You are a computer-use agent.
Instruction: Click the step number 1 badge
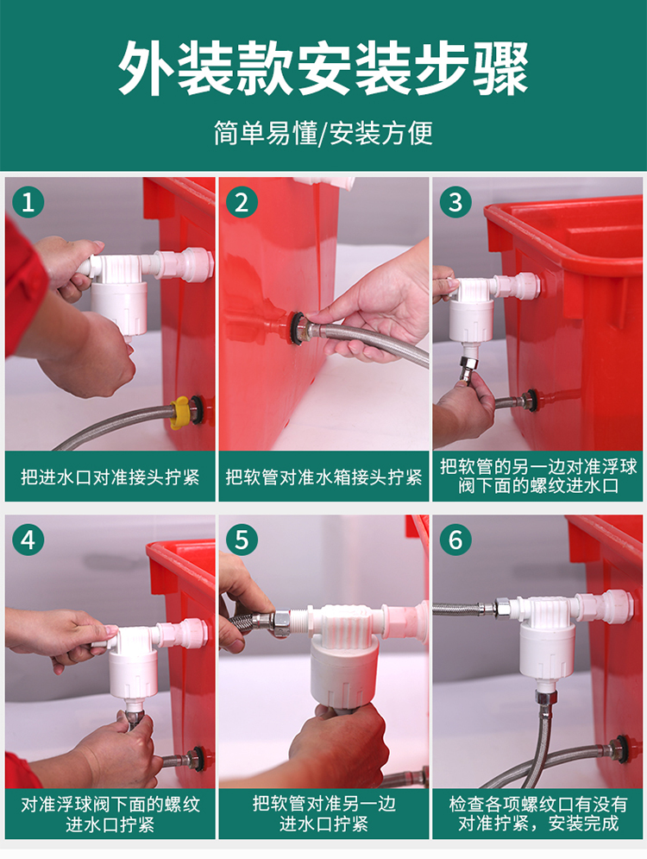point(28,202)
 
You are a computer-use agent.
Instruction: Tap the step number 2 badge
point(242,202)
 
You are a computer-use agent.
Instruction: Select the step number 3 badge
point(455,202)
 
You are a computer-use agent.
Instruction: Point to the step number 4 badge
point(28,540)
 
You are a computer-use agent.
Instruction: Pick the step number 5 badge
point(242,540)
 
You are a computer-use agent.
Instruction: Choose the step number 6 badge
point(455,540)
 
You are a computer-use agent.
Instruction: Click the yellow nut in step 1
point(180,413)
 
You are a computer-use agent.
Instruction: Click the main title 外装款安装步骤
point(323,68)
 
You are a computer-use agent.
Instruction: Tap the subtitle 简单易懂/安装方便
point(323,133)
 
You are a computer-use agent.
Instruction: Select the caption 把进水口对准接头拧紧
point(110,477)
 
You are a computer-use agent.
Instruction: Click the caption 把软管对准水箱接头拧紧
point(323,477)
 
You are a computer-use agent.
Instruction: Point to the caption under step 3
point(538,476)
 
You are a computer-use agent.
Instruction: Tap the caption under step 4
point(110,814)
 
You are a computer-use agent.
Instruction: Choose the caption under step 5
point(323,813)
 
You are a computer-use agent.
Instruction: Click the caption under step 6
point(538,813)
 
